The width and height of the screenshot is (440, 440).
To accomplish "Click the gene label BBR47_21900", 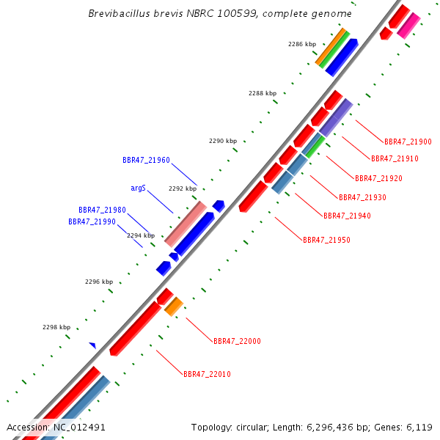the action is (x=408, y=142).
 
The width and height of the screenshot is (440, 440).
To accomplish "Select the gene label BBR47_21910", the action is (x=395, y=158).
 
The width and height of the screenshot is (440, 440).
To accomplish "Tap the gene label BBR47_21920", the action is (x=378, y=178).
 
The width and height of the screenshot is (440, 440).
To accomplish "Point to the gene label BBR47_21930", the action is (x=362, y=197).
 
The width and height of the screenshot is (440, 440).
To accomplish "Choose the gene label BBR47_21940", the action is (x=347, y=216).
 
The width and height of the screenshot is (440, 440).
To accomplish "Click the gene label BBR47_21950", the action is (x=326, y=240).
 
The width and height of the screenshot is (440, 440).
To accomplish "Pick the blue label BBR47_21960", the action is (x=146, y=160).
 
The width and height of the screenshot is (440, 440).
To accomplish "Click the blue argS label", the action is (x=138, y=188).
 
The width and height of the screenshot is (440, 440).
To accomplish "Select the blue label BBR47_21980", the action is (x=102, y=210).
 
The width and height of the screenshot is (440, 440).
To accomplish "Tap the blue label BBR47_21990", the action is (x=92, y=221).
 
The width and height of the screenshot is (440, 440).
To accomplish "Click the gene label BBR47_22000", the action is (x=237, y=341).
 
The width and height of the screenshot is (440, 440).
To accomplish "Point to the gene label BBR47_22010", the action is (x=207, y=374).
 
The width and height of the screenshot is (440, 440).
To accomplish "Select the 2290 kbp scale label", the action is (x=223, y=141).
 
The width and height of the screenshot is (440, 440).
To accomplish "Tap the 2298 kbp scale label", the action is (x=56, y=327).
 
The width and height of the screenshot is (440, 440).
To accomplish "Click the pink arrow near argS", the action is (x=185, y=224).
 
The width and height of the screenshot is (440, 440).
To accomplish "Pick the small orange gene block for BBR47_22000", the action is (x=174, y=307).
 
